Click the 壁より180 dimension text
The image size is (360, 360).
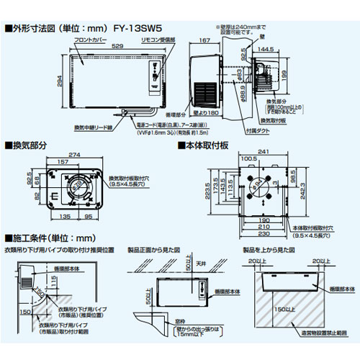[x=205, y=113]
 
